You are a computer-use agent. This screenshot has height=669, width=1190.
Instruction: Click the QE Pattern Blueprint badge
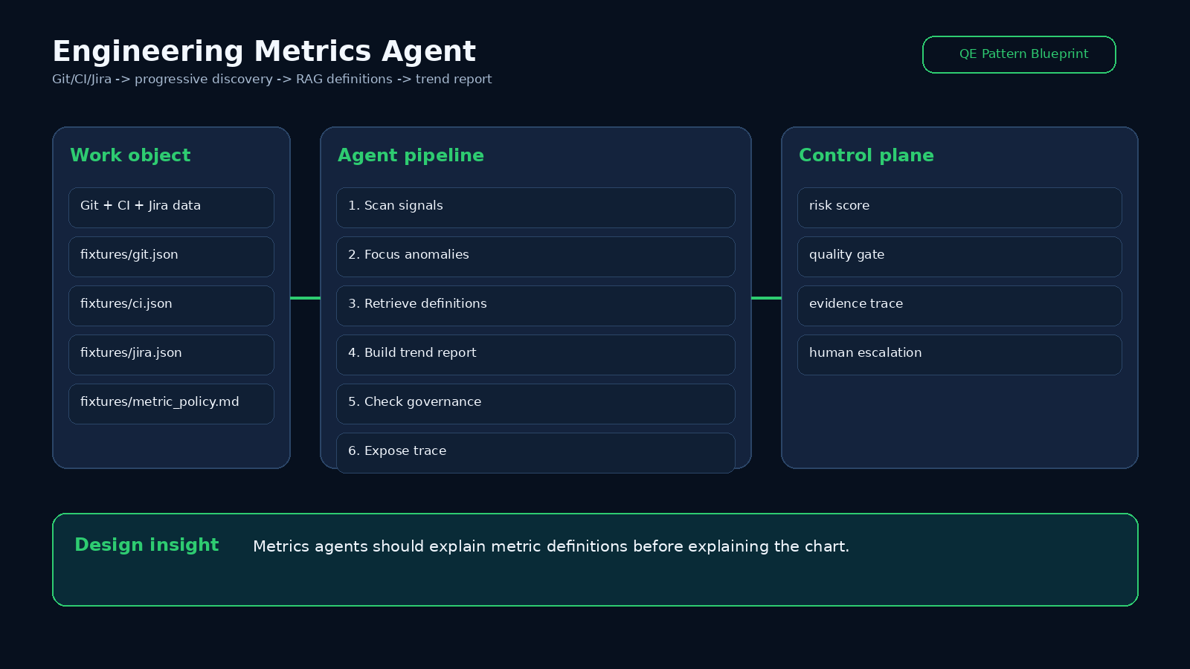point(1019,55)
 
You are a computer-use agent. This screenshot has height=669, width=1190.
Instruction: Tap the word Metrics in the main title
point(312,51)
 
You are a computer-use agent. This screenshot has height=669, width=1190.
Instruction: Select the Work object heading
point(130,155)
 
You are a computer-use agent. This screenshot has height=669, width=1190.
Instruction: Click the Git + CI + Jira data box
point(171,207)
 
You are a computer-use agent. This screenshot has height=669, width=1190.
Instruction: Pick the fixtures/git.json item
point(171,257)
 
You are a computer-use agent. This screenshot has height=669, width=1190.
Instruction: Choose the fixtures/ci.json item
point(171,306)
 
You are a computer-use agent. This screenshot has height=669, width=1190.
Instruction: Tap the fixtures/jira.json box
point(171,355)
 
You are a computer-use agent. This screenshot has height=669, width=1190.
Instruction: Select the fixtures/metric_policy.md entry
point(171,404)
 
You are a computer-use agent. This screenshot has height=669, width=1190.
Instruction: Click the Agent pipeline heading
point(411,155)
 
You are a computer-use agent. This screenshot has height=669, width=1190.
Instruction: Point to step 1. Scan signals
point(535,207)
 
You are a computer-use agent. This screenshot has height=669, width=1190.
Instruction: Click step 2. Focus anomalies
point(535,257)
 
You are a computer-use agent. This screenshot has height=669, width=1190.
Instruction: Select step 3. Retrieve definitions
point(535,306)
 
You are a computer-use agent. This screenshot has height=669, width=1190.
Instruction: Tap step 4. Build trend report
point(535,355)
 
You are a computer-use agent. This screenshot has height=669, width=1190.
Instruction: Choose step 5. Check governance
point(535,404)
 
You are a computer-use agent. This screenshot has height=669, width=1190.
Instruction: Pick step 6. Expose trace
point(535,453)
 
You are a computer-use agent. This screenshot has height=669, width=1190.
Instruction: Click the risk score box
point(959,207)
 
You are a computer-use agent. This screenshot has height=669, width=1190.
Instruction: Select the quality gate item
point(959,257)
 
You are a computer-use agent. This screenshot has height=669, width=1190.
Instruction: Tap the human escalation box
point(959,355)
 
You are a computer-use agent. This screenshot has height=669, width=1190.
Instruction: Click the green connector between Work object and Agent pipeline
point(306,298)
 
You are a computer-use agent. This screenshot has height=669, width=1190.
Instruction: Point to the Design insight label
point(147,546)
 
